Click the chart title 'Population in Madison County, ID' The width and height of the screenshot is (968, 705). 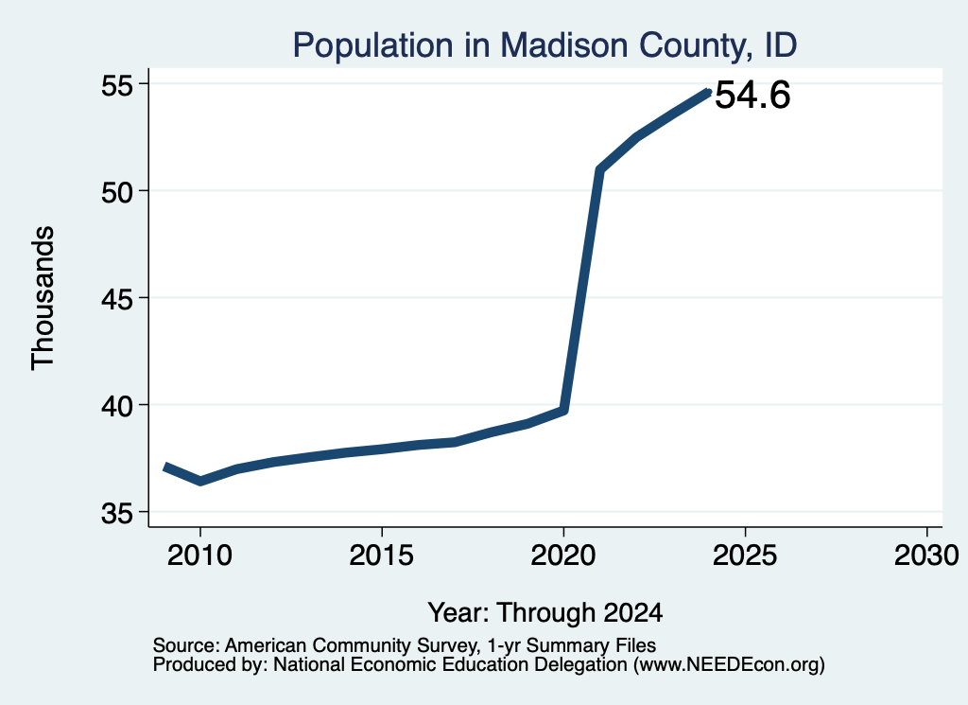coord(544,45)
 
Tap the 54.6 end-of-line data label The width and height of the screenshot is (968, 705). coord(752,96)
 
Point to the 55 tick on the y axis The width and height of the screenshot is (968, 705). coord(117,85)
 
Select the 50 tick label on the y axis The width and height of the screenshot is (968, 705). coord(117,192)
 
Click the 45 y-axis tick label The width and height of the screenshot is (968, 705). coord(117,299)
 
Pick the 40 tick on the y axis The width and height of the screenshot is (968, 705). coord(117,406)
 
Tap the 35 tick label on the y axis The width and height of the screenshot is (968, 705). coord(117,513)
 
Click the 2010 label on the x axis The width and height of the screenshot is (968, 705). coord(199,555)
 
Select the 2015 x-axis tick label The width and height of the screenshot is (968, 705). coord(382,555)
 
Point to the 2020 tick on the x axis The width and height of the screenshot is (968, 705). coord(563,555)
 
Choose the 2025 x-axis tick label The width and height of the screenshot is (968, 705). coord(745,555)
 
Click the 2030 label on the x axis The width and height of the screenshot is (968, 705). coord(926,555)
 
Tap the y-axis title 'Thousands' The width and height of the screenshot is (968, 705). coord(43,298)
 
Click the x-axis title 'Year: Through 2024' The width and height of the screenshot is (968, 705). coord(545,612)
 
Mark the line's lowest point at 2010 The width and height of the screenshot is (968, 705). coord(200,481)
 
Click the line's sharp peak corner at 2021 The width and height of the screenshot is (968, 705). coord(599,169)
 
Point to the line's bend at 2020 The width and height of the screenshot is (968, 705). coord(563,410)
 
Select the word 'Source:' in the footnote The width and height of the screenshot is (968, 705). coord(186,645)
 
